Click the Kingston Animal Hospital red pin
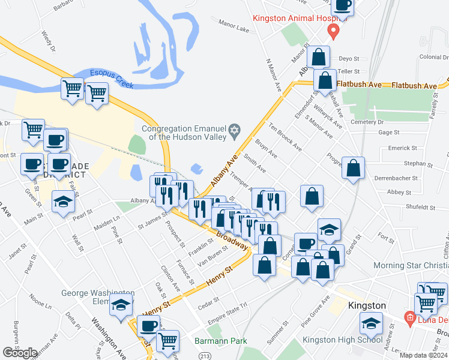(335, 31)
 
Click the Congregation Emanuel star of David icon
(235, 131)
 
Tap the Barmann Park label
(221, 341)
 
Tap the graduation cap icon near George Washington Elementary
(121, 305)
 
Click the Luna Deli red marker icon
(410, 316)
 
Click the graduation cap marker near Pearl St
(62, 202)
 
